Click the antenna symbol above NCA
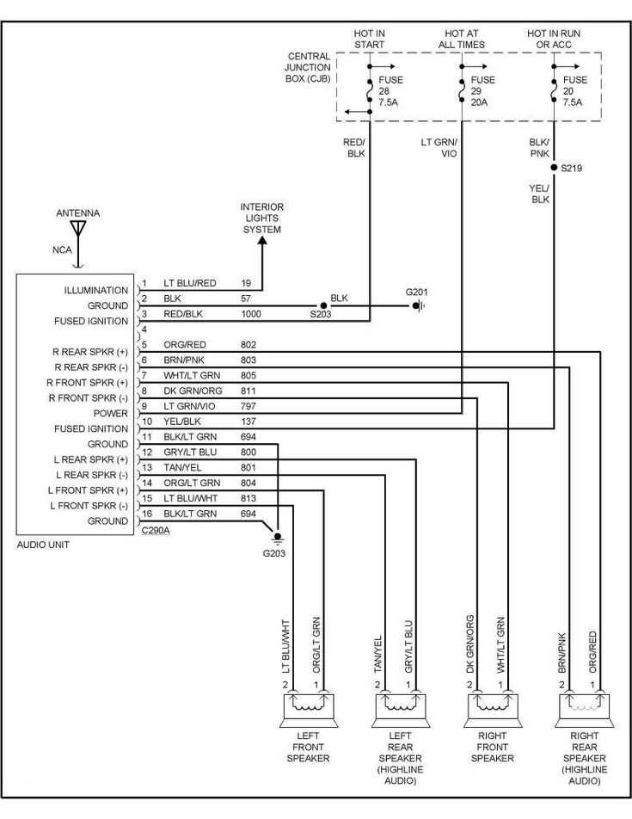pos(78,229)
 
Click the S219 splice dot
pos(555,168)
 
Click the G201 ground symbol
pos(418,305)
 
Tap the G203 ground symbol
pos(278,539)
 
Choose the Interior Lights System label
pos(262,219)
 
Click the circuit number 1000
pos(252,315)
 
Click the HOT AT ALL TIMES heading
pos(462,39)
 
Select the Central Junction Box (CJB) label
pos(309,68)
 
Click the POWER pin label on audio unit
pos(112,413)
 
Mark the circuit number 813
pos(249,498)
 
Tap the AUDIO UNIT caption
pos(42,545)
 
